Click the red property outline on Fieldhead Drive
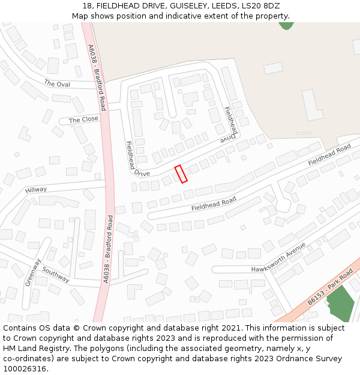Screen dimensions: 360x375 181,174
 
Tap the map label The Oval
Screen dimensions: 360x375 57,84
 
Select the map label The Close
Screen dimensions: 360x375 83,119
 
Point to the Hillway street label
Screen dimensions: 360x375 35,190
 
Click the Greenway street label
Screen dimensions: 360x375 32,272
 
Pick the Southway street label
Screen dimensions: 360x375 55,275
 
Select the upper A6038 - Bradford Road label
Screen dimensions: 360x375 97,77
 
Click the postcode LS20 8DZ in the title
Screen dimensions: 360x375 260,6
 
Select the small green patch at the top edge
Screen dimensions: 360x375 286,26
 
